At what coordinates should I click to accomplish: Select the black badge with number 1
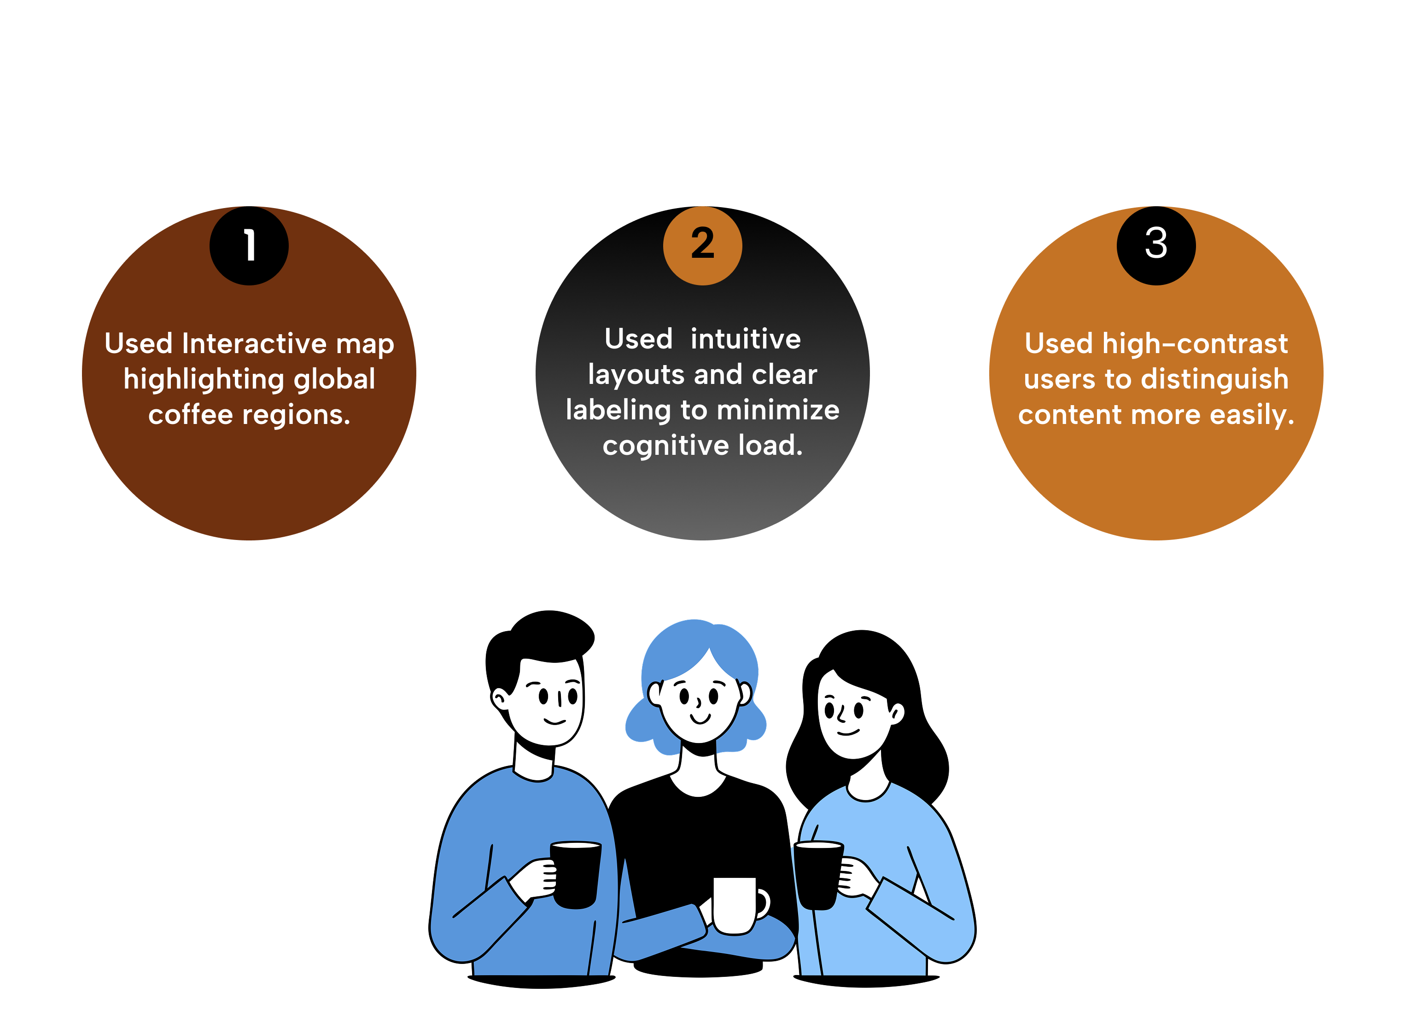pyautogui.click(x=249, y=245)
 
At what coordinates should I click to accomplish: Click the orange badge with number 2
pyautogui.click(x=702, y=245)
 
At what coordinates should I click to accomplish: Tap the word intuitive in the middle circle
pyautogui.click(x=746, y=339)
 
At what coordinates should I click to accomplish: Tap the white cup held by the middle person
pyautogui.click(x=734, y=905)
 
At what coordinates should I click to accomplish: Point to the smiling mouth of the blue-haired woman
pyautogui.click(x=700, y=719)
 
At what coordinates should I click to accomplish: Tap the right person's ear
pyautogui.click(x=896, y=714)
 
